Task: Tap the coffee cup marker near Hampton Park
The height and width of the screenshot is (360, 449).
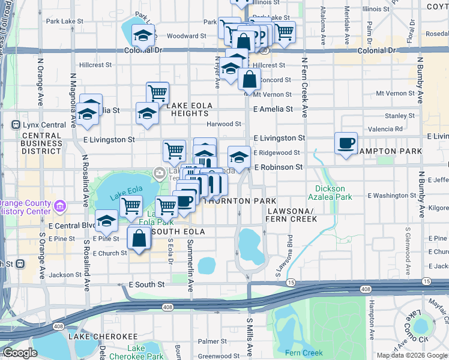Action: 345,143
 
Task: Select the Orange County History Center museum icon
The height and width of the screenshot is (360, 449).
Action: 59,207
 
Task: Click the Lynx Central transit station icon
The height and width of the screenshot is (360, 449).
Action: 16,125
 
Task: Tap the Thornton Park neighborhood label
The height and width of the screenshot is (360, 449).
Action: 241,200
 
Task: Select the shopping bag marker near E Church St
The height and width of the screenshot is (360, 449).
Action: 139,238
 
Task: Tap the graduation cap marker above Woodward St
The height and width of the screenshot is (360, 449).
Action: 143,37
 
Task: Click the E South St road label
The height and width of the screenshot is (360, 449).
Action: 146,284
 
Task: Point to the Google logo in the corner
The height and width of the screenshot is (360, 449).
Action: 19,353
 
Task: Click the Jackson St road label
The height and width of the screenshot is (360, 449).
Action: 65,275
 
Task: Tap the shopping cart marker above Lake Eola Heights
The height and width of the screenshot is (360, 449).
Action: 157,93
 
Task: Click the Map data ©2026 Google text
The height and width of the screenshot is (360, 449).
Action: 412,355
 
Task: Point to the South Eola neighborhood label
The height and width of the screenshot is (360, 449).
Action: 178,232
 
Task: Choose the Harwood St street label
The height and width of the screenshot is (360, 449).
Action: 223,124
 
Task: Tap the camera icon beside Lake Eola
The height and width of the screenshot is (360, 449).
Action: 159,173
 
